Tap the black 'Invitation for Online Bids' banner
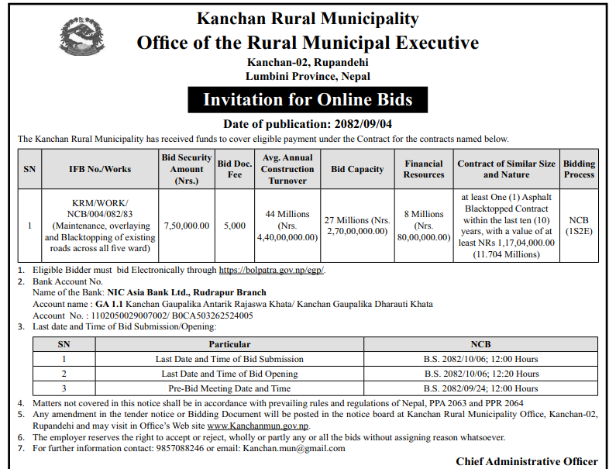tap(308, 99)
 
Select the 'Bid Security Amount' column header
tap(186, 168)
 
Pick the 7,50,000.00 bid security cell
tap(186, 226)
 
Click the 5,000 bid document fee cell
tap(234, 226)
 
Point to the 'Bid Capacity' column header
tap(357, 169)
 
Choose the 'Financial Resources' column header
tap(423, 169)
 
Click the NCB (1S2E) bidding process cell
tap(579, 226)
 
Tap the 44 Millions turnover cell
tap(287, 226)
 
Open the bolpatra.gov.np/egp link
tap(272, 271)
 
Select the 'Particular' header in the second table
tap(229, 344)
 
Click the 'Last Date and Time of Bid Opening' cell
tap(229, 374)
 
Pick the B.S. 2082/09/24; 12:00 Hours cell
tap(480, 388)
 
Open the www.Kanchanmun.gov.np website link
tap(258, 426)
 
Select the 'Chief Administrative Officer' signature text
tap(526, 462)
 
